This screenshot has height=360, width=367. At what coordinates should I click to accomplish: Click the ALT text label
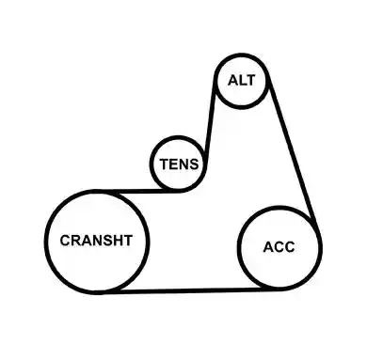[242, 81]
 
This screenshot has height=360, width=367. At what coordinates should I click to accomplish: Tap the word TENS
[180, 164]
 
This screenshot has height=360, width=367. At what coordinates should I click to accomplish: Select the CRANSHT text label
[96, 241]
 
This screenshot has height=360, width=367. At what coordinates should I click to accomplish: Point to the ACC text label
[279, 247]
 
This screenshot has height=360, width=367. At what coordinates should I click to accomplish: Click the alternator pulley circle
[215, 82]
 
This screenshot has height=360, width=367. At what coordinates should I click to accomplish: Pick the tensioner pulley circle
[152, 164]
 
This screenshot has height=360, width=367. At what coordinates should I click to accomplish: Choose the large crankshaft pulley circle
[46, 242]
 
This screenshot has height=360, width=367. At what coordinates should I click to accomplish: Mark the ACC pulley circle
[239, 247]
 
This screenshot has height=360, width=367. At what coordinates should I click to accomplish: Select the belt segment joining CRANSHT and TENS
[138, 191]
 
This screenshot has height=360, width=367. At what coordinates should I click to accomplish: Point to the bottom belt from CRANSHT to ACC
[188, 290]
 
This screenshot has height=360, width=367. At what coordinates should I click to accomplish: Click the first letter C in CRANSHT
[66, 241]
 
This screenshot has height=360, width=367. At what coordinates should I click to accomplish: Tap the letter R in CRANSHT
[77, 241]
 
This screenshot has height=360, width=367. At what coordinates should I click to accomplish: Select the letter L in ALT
[243, 81]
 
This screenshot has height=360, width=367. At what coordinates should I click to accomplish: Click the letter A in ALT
[233, 81]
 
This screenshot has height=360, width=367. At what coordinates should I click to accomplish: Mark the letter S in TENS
[194, 164]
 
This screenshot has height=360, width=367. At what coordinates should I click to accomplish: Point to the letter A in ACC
[268, 247]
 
